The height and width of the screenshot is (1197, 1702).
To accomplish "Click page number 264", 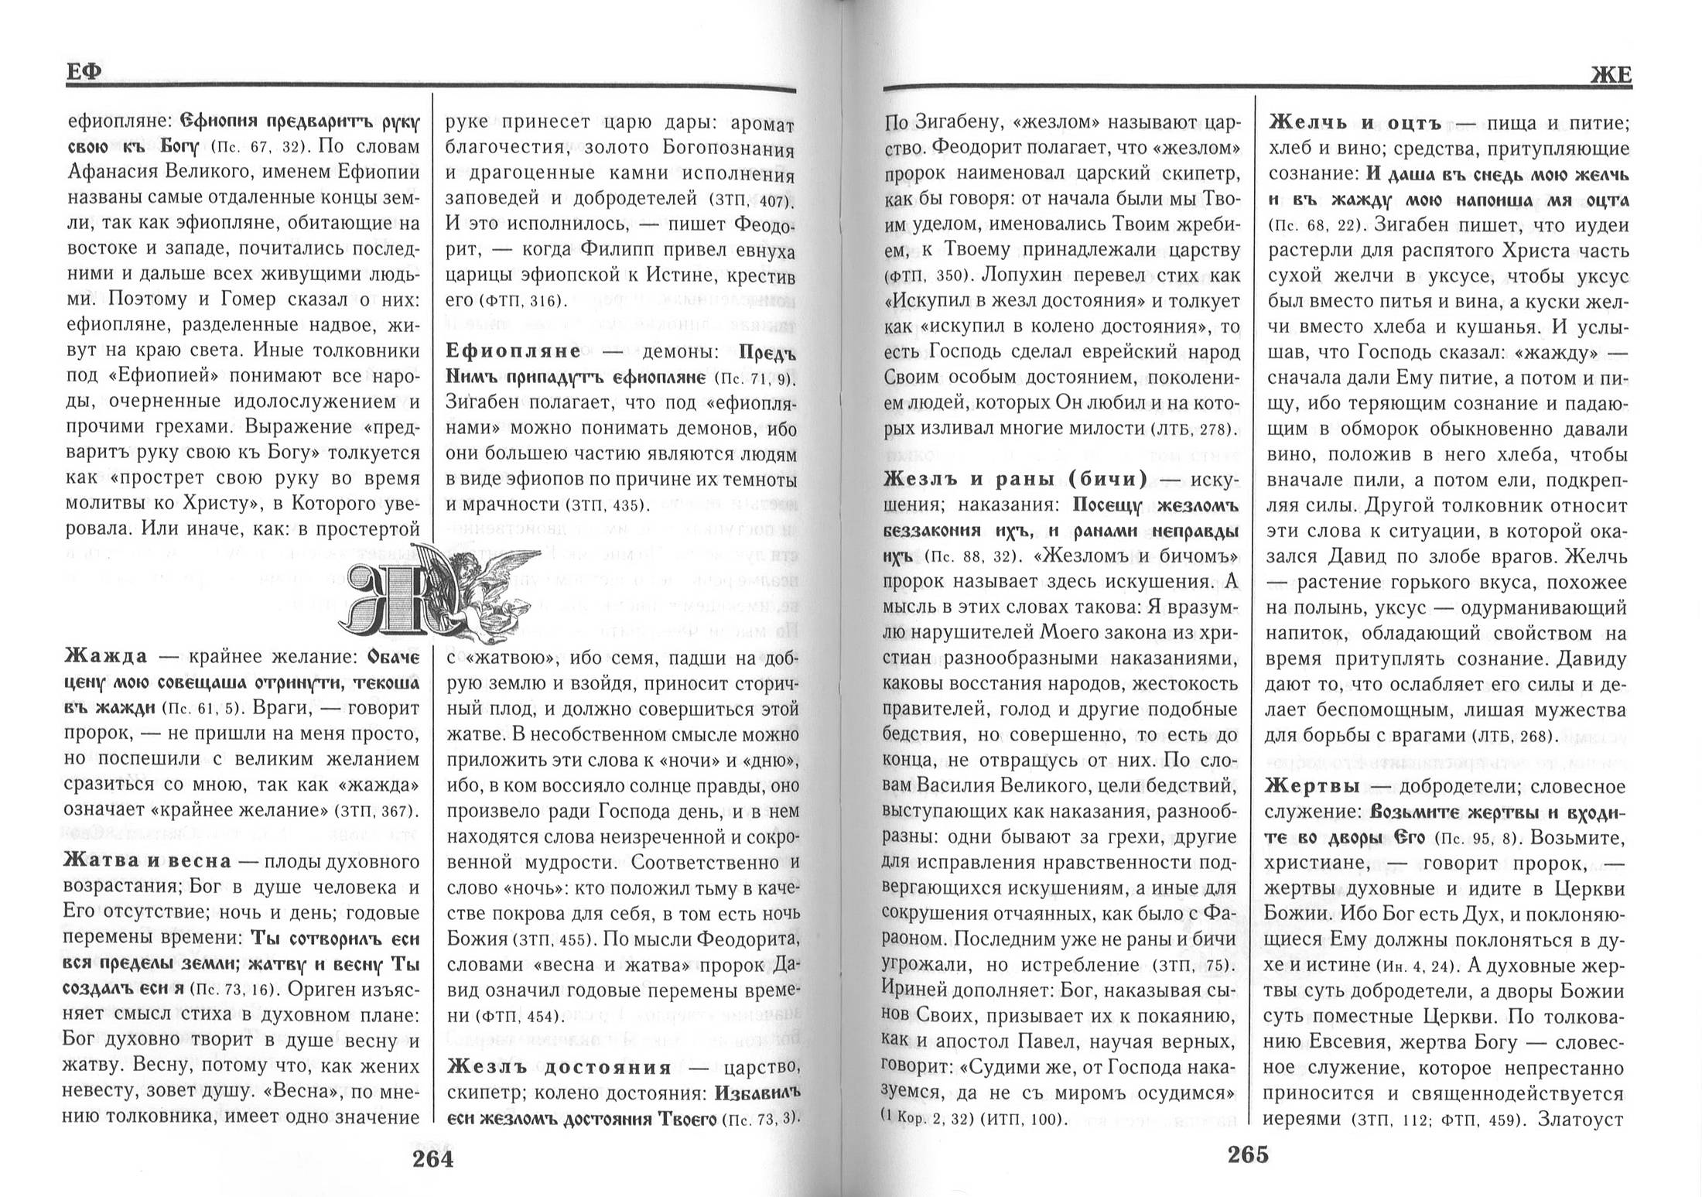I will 432,1158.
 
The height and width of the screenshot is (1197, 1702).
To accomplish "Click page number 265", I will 1248,1154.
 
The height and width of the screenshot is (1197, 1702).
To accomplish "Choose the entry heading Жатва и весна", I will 147,861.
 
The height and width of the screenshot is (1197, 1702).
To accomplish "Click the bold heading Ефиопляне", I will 514,351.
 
